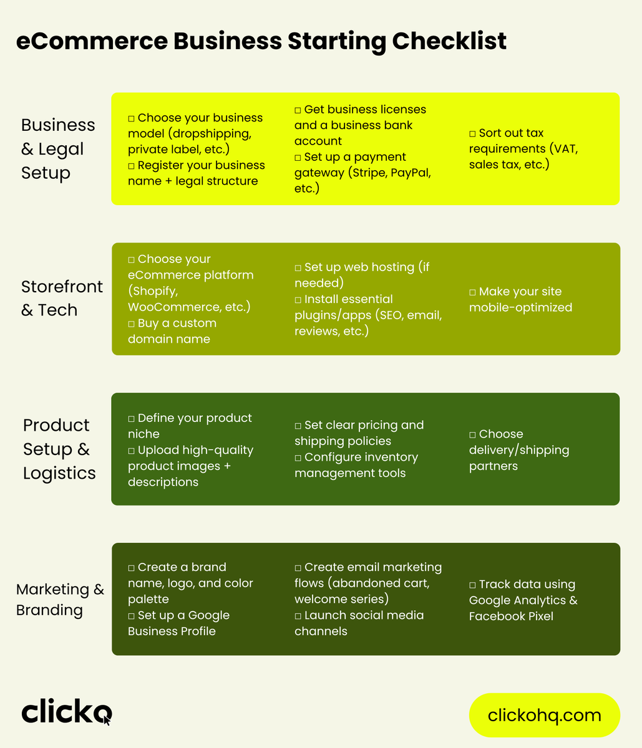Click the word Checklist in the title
449,41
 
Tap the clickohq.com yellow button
544,715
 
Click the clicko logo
67,711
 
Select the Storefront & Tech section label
62,298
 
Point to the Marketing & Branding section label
60,599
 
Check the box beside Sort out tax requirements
472,134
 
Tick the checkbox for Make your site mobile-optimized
472,292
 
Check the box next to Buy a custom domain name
131,324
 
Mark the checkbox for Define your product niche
131,419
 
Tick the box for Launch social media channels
298,616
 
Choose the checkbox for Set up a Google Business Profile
131,616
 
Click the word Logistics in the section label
59,473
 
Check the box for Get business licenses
298,110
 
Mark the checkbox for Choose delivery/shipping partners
472,434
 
